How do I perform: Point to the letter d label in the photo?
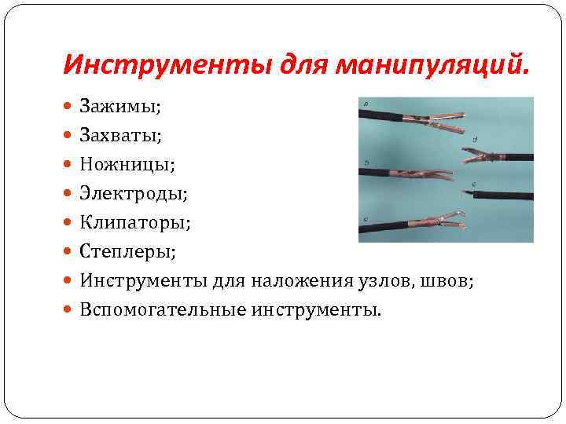(x=475, y=139)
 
